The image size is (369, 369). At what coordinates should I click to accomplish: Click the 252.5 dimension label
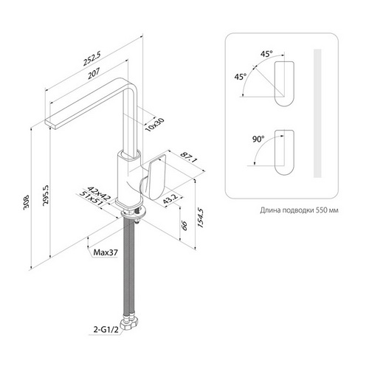(92, 58)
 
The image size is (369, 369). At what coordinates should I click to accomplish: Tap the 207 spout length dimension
(94, 73)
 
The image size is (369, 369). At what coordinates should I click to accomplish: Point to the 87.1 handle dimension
(189, 157)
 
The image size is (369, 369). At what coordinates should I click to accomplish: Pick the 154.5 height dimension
(201, 218)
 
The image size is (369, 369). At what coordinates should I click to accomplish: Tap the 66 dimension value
(184, 226)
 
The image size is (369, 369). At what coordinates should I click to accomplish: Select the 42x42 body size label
(99, 193)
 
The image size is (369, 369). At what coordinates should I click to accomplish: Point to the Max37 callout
(106, 252)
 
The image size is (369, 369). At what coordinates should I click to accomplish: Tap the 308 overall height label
(26, 201)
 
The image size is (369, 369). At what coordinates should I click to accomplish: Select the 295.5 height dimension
(46, 196)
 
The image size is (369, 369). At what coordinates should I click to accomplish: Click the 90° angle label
(258, 139)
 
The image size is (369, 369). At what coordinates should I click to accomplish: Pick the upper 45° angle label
(267, 54)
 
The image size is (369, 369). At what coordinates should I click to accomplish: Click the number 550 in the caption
(321, 210)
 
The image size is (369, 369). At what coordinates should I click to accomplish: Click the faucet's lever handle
(155, 177)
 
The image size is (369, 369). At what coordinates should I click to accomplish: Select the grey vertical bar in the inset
(317, 113)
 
